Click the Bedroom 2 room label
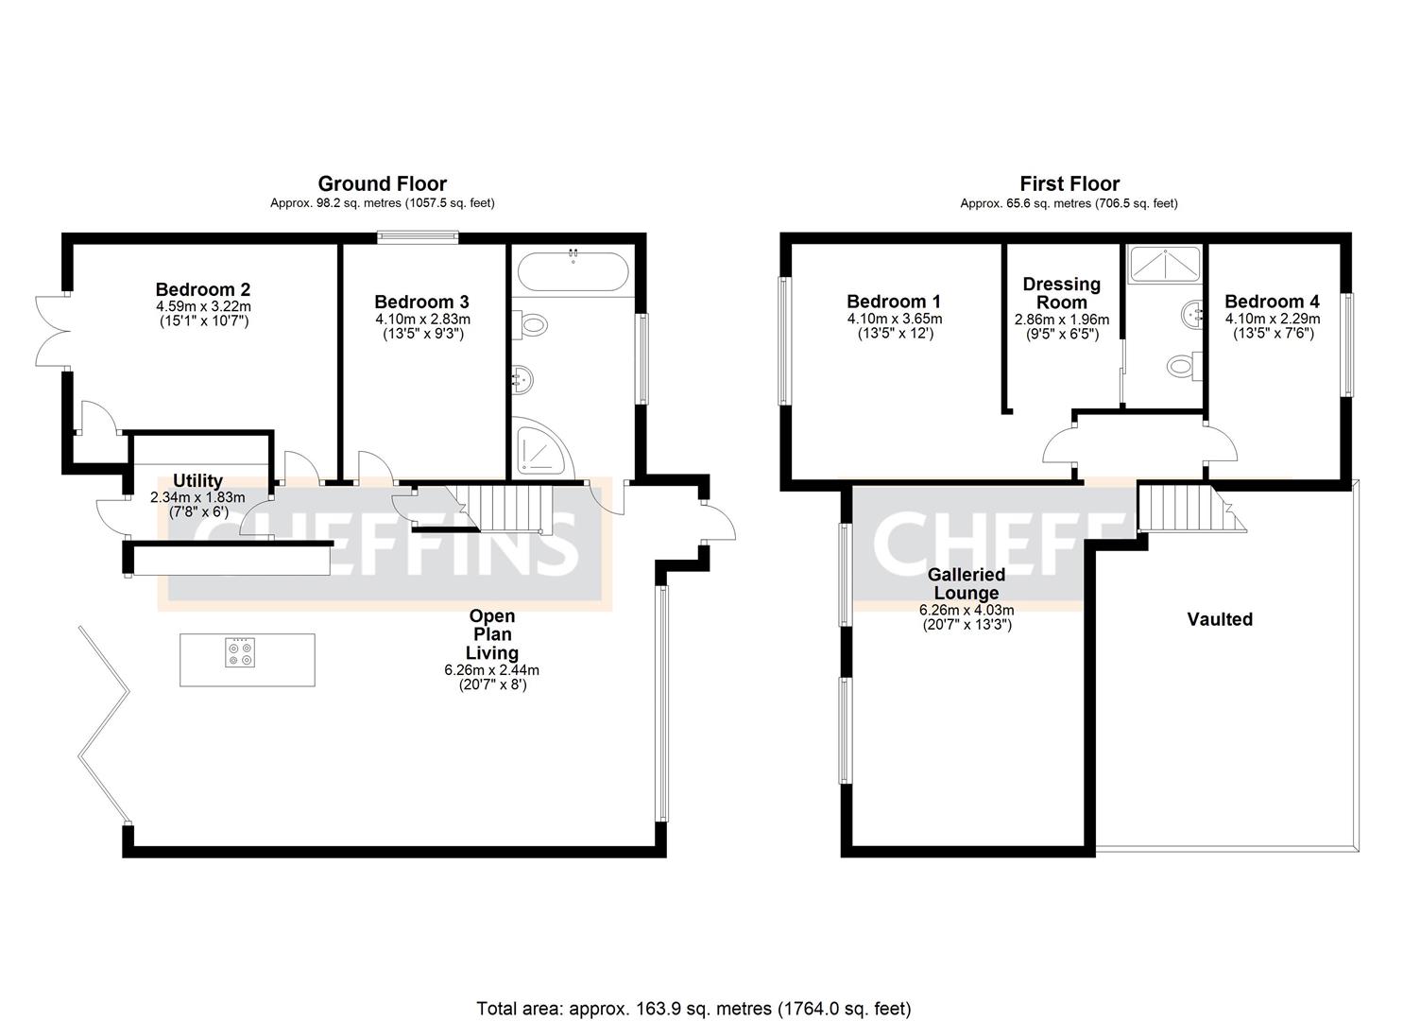click(x=203, y=289)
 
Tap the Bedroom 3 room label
click(x=421, y=302)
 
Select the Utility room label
click(x=197, y=481)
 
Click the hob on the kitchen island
click(x=240, y=652)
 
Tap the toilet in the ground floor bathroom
click(x=532, y=325)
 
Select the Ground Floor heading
click(x=382, y=183)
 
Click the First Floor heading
click(x=1069, y=183)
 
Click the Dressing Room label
click(x=1062, y=293)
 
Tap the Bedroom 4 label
click(x=1272, y=302)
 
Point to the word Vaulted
click(x=1220, y=619)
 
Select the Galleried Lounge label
click(x=966, y=583)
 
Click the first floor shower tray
click(x=1167, y=264)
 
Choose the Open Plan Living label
click(x=492, y=634)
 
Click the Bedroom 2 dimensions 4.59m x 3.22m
click(x=203, y=307)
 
